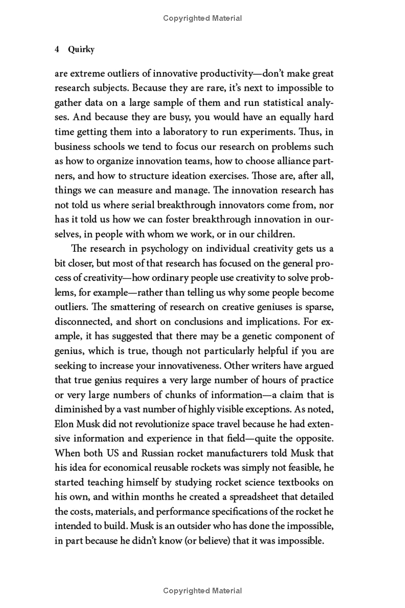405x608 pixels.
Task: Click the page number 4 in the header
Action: pos(57,50)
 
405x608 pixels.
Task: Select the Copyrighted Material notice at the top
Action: pos(202,18)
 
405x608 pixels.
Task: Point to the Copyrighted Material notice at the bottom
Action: pos(202,591)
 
